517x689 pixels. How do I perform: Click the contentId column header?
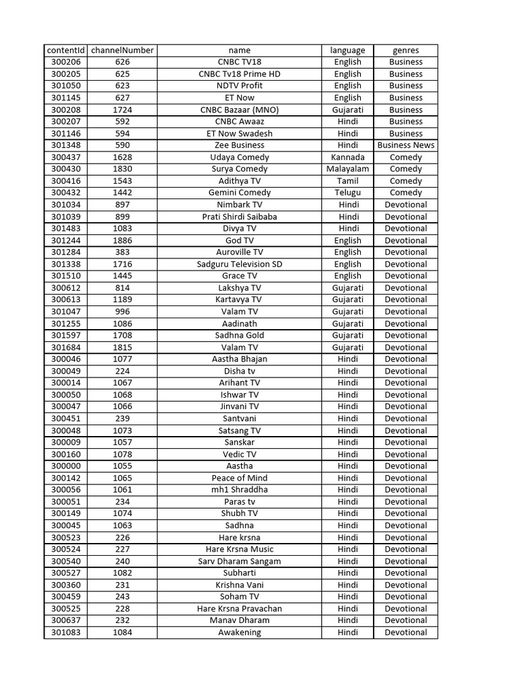pyautogui.click(x=66, y=50)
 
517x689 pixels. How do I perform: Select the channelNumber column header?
pyautogui.click(x=123, y=50)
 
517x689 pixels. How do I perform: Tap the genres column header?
pyautogui.click(x=406, y=50)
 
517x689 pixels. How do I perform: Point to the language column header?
pyautogui.click(x=347, y=50)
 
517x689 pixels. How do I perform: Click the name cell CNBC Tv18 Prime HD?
pyautogui.click(x=240, y=74)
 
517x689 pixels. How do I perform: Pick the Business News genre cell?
pyautogui.click(x=406, y=145)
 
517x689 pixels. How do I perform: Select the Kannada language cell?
pyautogui.click(x=347, y=157)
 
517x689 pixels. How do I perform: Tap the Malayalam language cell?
pyautogui.click(x=347, y=169)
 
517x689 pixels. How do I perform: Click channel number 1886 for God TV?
pyautogui.click(x=123, y=240)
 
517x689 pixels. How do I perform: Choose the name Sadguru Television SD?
pyautogui.click(x=240, y=264)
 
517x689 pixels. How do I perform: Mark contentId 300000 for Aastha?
pyautogui.click(x=66, y=466)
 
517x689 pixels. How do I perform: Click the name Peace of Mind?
pyautogui.click(x=240, y=478)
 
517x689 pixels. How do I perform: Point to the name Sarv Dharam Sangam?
pyautogui.click(x=240, y=561)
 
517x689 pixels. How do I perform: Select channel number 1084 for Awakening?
pyautogui.click(x=123, y=632)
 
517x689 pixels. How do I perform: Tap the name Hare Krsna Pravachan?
pyautogui.click(x=240, y=609)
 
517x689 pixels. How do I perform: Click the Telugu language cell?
pyautogui.click(x=347, y=193)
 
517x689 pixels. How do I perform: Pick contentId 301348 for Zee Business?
pyautogui.click(x=66, y=145)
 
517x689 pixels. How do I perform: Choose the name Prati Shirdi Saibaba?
pyautogui.click(x=240, y=217)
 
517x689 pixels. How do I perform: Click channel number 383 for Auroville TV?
pyautogui.click(x=123, y=252)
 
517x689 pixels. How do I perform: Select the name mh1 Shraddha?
pyautogui.click(x=240, y=490)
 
